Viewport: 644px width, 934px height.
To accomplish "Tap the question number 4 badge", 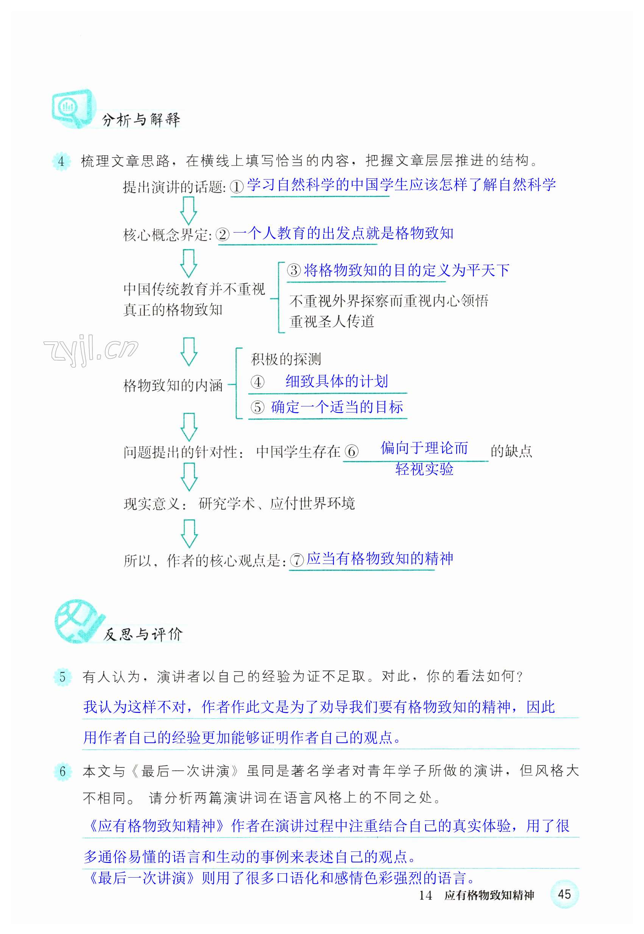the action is point(61,161).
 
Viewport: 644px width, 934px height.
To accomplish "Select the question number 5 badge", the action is point(62,676).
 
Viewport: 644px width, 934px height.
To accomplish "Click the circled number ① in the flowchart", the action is point(237,186).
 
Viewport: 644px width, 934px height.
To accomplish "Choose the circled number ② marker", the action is point(223,234).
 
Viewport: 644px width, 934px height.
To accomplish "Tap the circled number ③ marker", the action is point(294,270).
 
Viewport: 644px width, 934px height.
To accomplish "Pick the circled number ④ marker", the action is point(257,381).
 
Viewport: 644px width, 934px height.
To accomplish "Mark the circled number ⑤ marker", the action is point(257,407).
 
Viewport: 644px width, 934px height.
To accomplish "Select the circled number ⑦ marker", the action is point(296,560).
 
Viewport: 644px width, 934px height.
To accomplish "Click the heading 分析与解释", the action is point(141,119).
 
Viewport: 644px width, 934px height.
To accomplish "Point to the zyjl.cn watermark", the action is point(90,349).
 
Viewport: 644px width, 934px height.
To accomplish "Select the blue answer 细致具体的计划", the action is point(337,381).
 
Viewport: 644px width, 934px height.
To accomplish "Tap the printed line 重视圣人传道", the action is point(332,322).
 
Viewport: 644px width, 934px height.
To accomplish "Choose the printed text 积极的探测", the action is point(286,359).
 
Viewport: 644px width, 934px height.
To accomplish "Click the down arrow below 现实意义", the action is point(189,533).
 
